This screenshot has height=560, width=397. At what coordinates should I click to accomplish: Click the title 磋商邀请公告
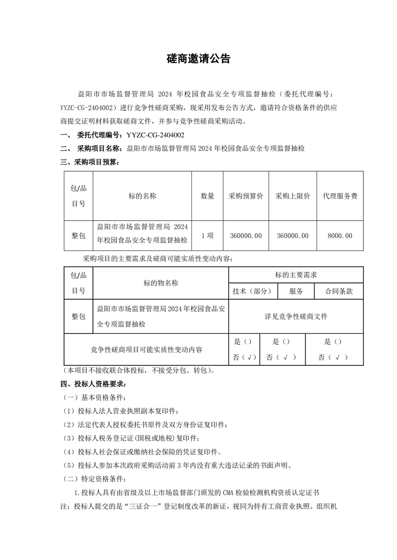tap(198, 59)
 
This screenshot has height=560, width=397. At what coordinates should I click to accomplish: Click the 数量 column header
tap(207, 196)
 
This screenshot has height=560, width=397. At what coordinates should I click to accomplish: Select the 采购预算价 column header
tap(245, 196)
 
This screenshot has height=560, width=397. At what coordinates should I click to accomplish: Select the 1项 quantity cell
tap(207, 236)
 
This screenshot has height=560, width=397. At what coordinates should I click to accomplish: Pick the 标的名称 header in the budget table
tap(142, 196)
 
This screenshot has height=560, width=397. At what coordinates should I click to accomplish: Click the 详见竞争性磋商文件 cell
tap(296, 316)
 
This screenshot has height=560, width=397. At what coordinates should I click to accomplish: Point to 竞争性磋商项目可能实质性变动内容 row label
tap(146, 350)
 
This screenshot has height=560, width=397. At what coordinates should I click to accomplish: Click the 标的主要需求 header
tap(296, 275)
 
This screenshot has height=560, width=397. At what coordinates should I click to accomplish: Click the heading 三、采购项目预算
tap(90, 162)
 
